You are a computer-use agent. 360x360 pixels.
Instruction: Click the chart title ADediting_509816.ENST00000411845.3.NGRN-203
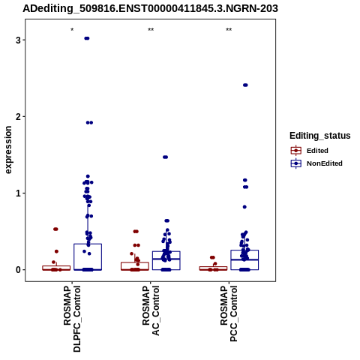pos(150,8)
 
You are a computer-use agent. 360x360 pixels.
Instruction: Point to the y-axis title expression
pos(8,150)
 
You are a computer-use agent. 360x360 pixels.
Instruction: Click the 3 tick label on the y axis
pos(18,40)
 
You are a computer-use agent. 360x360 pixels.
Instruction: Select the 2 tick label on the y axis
pos(18,116)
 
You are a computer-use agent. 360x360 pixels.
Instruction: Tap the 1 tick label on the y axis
pos(18,193)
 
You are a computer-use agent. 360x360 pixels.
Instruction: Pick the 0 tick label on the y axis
pos(18,270)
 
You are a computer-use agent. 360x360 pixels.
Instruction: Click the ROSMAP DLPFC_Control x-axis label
pos(72,319)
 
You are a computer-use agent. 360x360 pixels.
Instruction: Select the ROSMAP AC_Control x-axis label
pos(151,310)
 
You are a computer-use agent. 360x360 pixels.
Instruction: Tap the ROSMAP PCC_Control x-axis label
pos(229,313)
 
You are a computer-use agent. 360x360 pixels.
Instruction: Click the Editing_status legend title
pos(320,136)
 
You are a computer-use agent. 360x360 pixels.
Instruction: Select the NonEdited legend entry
pos(316,163)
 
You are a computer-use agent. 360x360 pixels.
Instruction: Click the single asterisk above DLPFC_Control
pos(72,30)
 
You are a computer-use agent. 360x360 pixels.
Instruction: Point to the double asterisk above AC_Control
pos(151,30)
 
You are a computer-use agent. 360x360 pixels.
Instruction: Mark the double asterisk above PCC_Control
pos(229,30)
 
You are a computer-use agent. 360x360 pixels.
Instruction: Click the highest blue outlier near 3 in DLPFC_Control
pos(87,38)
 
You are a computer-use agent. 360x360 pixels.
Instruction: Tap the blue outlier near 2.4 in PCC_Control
pos(245,85)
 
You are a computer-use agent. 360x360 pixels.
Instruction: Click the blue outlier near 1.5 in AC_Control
pos(165,157)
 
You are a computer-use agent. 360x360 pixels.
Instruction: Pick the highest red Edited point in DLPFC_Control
pos(55,229)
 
